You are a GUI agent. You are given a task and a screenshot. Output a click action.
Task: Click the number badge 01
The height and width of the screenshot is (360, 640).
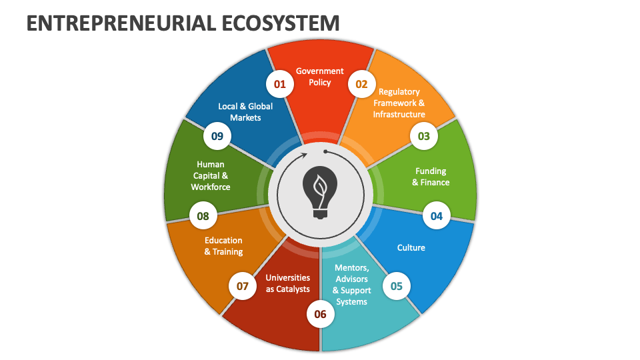point(279,84)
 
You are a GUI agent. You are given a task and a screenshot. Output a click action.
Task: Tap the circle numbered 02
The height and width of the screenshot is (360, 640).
point(361,84)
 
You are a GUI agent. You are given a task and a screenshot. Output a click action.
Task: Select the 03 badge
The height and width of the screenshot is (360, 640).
point(424,137)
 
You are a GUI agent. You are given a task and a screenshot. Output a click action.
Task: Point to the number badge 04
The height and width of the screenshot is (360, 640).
point(436,216)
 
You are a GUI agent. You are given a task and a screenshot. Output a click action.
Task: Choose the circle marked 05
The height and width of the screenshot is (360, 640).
point(397,286)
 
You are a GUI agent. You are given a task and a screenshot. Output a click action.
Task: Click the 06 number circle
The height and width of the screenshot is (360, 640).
point(320,314)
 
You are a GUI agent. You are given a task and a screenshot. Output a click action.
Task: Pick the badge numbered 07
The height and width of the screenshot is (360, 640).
point(242,286)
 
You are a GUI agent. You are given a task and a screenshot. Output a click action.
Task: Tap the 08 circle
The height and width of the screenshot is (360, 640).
point(203,216)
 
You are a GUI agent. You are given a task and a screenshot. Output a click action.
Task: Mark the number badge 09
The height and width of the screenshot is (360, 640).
point(217,137)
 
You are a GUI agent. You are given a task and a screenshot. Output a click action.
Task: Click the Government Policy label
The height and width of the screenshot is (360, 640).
point(320,77)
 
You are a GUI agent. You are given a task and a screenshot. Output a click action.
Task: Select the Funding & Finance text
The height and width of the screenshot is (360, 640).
point(431,177)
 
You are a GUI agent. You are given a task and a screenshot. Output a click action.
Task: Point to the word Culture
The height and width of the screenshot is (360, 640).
point(411,248)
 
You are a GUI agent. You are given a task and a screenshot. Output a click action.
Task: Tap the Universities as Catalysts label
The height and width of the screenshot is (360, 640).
point(288,283)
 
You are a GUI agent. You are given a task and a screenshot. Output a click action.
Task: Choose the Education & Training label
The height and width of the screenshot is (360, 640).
point(223,246)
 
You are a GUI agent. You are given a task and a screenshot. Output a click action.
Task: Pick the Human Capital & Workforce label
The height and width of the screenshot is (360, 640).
point(211,175)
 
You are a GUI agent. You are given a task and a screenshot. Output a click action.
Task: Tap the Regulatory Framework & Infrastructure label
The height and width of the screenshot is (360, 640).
point(399,103)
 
